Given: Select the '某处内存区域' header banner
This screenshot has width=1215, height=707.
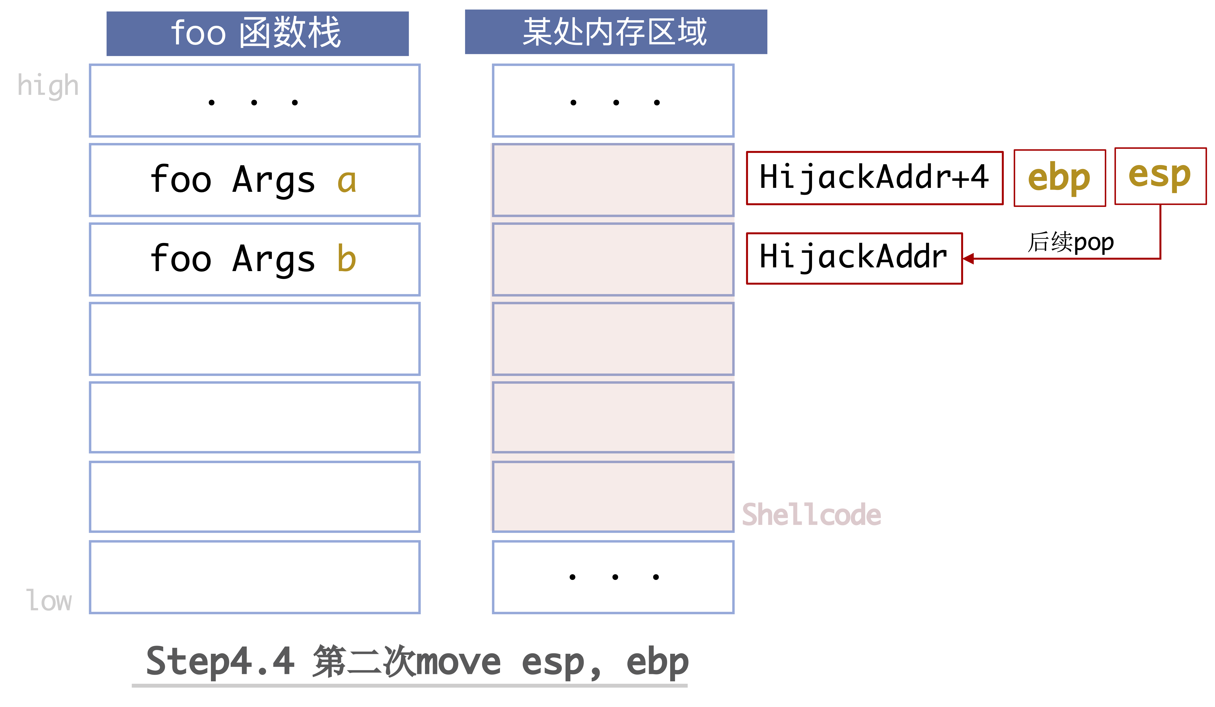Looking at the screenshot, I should tap(616, 32).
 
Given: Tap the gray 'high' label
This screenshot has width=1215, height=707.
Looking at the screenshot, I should tap(48, 86).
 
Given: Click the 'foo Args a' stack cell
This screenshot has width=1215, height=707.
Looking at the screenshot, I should tap(255, 180).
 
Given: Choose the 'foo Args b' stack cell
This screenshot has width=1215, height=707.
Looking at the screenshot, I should tap(255, 259).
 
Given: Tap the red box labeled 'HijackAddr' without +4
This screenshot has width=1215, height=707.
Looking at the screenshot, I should tap(854, 258).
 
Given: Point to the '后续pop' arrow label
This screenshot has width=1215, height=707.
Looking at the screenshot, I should tap(1070, 242).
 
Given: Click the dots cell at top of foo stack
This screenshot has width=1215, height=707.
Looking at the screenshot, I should tap(255, 101).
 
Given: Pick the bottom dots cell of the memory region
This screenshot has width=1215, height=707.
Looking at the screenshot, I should tap(613, 577).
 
